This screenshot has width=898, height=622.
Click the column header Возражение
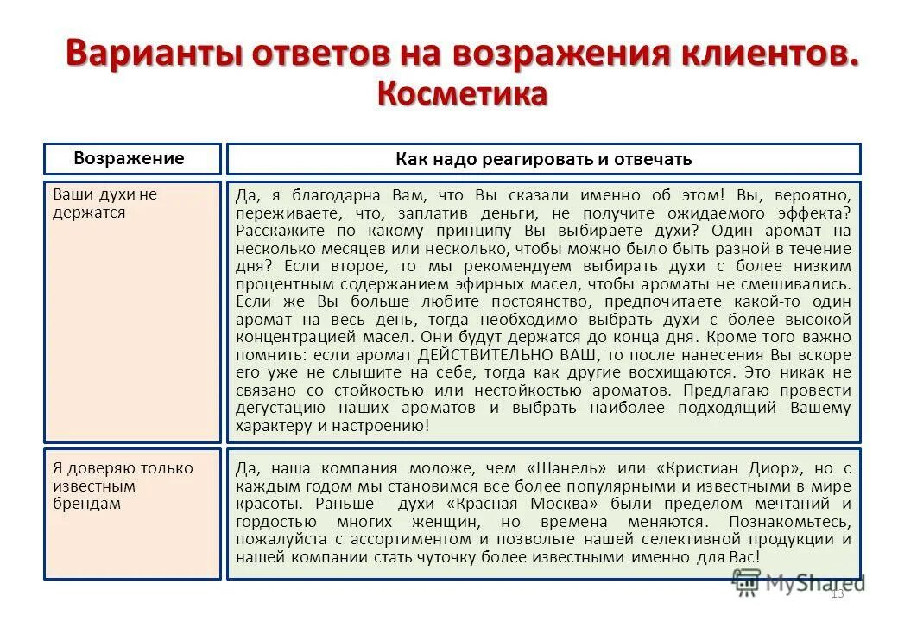pos(129,158)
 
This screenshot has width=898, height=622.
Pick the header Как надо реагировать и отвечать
pos(544,159)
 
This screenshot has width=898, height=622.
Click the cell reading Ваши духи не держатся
pos(105,203)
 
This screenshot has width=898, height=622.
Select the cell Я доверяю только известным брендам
pos(123,486)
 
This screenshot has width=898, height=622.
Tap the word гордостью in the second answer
pos(276,522)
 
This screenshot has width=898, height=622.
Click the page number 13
pos(836,594)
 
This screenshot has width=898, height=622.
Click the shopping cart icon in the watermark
pos(745,584)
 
